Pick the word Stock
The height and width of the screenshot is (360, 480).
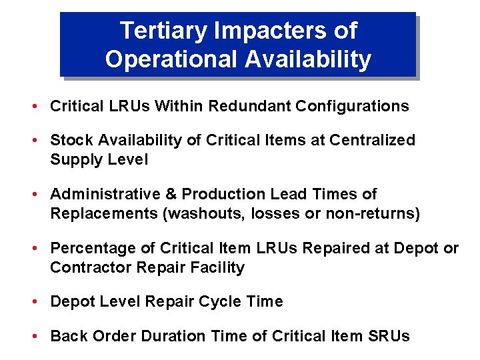70,140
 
